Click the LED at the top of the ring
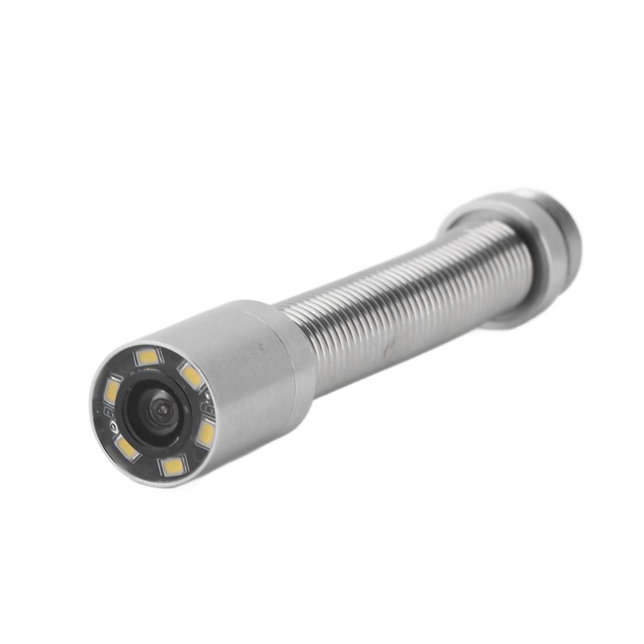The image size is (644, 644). click(148, 357)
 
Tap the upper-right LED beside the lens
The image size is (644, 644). click(191, 376)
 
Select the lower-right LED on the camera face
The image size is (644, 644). click(206, 434)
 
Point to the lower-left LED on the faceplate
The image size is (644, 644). click(126, 448)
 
